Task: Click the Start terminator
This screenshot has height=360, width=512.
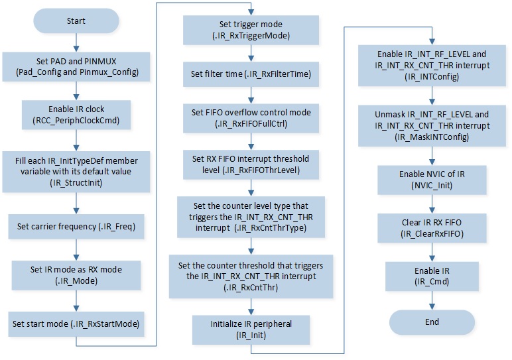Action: [x=76, y=21]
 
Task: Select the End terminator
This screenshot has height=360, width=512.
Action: [x=432, y=322]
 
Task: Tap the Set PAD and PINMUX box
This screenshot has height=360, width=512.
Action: [x=76, y=66]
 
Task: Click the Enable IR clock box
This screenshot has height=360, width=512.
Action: [x=76, y=115]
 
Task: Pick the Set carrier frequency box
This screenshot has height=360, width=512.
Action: [x=76, y=227]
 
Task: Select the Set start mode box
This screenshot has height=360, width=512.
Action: [x=76, y=324]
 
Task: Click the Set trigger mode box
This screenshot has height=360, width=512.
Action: [x=251, y=30]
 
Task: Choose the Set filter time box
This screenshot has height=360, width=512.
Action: [x=251, y=74]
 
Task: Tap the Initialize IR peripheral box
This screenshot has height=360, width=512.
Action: [x=251, y=330]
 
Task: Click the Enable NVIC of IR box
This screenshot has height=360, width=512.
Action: [x=432, y=180]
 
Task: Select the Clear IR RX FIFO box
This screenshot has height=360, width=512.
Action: [x=432, y=228]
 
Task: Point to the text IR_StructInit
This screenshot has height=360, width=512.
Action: [x=76, y=183]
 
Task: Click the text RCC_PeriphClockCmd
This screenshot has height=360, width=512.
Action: [x=76, y=121]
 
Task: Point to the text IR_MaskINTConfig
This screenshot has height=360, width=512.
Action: [x=432, y=137]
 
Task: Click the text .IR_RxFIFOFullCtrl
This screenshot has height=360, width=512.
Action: [x=251, y=124]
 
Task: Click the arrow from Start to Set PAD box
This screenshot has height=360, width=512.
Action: [x=76, y=42]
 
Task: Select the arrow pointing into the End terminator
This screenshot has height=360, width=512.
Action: [x=432, y=300]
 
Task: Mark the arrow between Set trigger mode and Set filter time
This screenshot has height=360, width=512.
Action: [x=251, y=53]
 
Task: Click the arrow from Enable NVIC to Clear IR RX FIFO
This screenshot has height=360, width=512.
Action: [x=432, y=204]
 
